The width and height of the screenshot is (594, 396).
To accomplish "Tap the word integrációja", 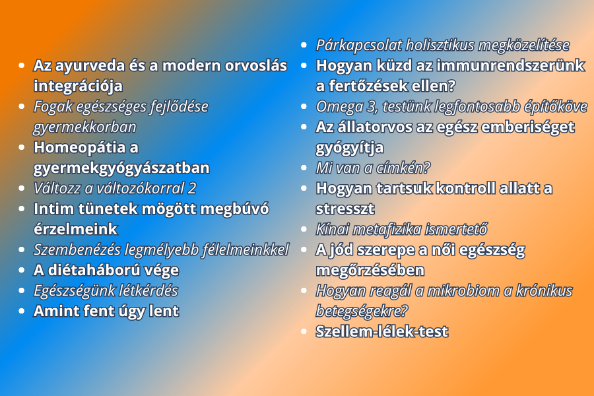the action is [x=78, y=86].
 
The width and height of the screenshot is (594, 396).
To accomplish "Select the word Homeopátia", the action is [x=80, y=148].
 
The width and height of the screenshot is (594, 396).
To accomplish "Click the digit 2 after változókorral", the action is [x=192, y=188].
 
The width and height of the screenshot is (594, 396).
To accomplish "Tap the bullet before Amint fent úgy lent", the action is [x=22, y=311].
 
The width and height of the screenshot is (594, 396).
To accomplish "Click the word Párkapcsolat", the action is [x=359, y=46].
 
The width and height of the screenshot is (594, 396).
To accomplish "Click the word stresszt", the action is [x=345, y=209].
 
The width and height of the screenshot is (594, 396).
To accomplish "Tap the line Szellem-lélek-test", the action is [x=382, y=331].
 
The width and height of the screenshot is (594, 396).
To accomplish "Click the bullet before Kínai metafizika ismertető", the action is [x=304, y=229].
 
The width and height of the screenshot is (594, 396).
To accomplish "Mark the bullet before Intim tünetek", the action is [x=22, y=209].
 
